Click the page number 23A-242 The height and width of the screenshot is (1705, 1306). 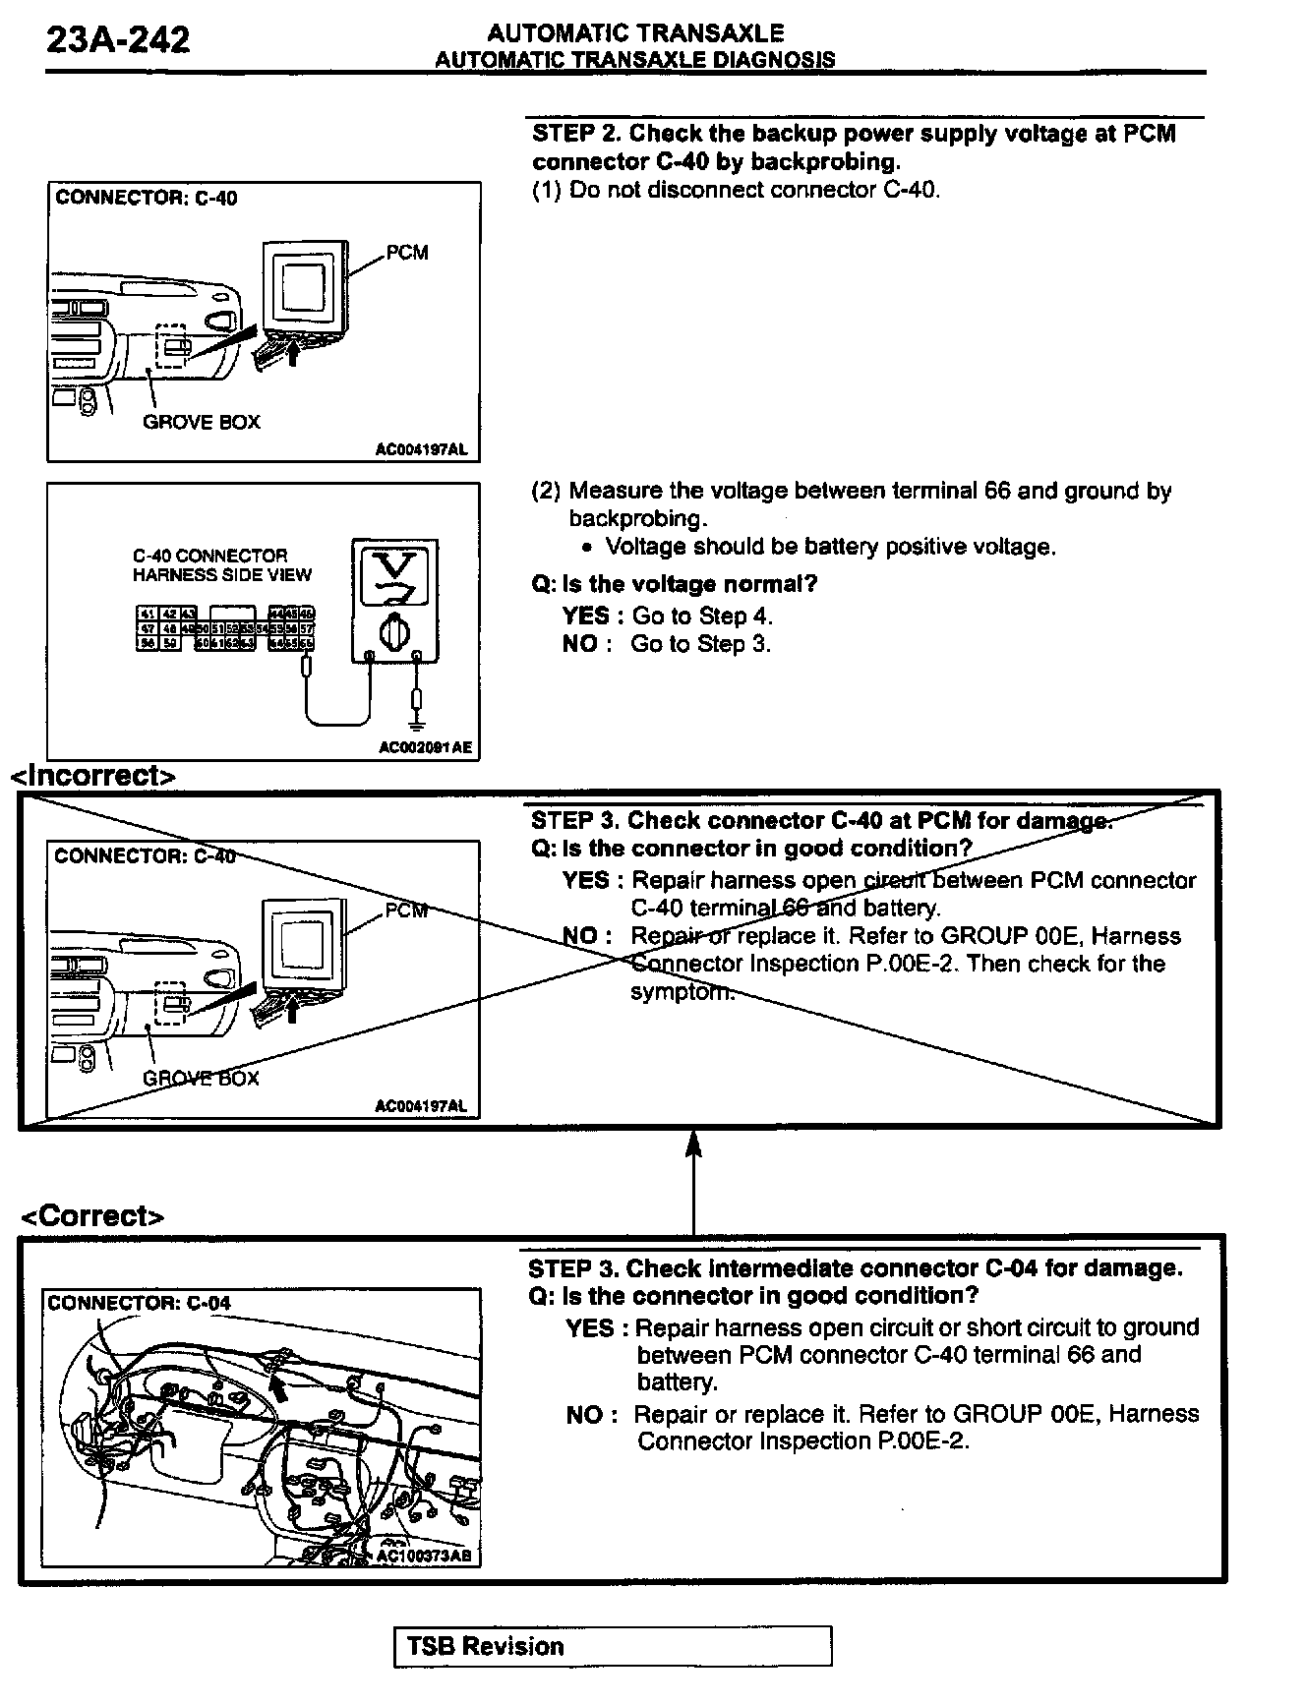click(x=119, y=40)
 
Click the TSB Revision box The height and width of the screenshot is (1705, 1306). click(x=612, y=1646)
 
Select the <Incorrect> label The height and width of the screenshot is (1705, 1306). click(x=93, y=776)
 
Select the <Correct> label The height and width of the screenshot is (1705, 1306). click(x=93, y=1216)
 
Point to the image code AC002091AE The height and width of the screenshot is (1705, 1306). click(x=425, y=747)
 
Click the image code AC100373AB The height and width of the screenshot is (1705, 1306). click(x=423, y=1557)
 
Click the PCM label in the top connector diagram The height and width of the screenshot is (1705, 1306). click(x=407, y=253)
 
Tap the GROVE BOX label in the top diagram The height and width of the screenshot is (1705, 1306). click(x=202, y=422)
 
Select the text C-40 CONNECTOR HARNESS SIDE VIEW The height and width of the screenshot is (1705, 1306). click(x=222, y=565)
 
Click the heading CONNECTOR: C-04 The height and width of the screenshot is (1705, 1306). click(x=139, y=1303)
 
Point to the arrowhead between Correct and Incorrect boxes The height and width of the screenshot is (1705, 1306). click(x=693, y=1143)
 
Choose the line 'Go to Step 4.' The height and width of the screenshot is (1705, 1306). click(x=702, y=617)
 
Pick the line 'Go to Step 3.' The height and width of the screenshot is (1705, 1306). click(x=701, y=644)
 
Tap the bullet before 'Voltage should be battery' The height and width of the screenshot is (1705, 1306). click(x=586, y=549)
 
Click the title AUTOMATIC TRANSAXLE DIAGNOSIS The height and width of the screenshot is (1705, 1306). click(x=634, y=60)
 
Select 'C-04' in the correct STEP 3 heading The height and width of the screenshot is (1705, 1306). click(x=1010, y=1267)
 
